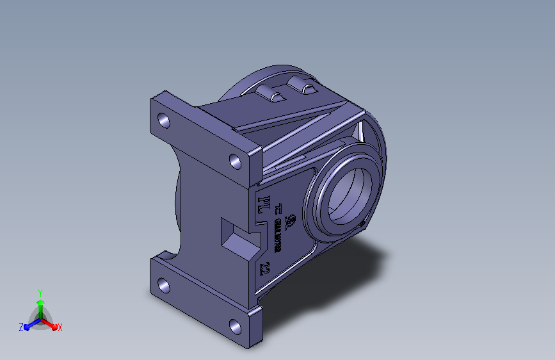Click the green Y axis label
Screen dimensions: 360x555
click(x=40, y=291)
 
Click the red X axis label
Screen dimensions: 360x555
click(x=60, y=328)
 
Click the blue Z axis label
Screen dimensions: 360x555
click(x=21, y=327)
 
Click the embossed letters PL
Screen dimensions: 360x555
click(x=262, y=204)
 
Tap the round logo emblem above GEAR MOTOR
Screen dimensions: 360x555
click(x=289, y=222)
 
